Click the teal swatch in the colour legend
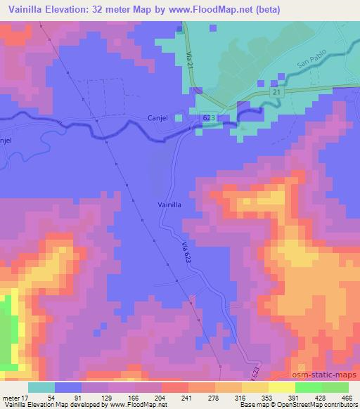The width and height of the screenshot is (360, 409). tap(41, 387)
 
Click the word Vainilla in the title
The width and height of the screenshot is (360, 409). tap(27, 10)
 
